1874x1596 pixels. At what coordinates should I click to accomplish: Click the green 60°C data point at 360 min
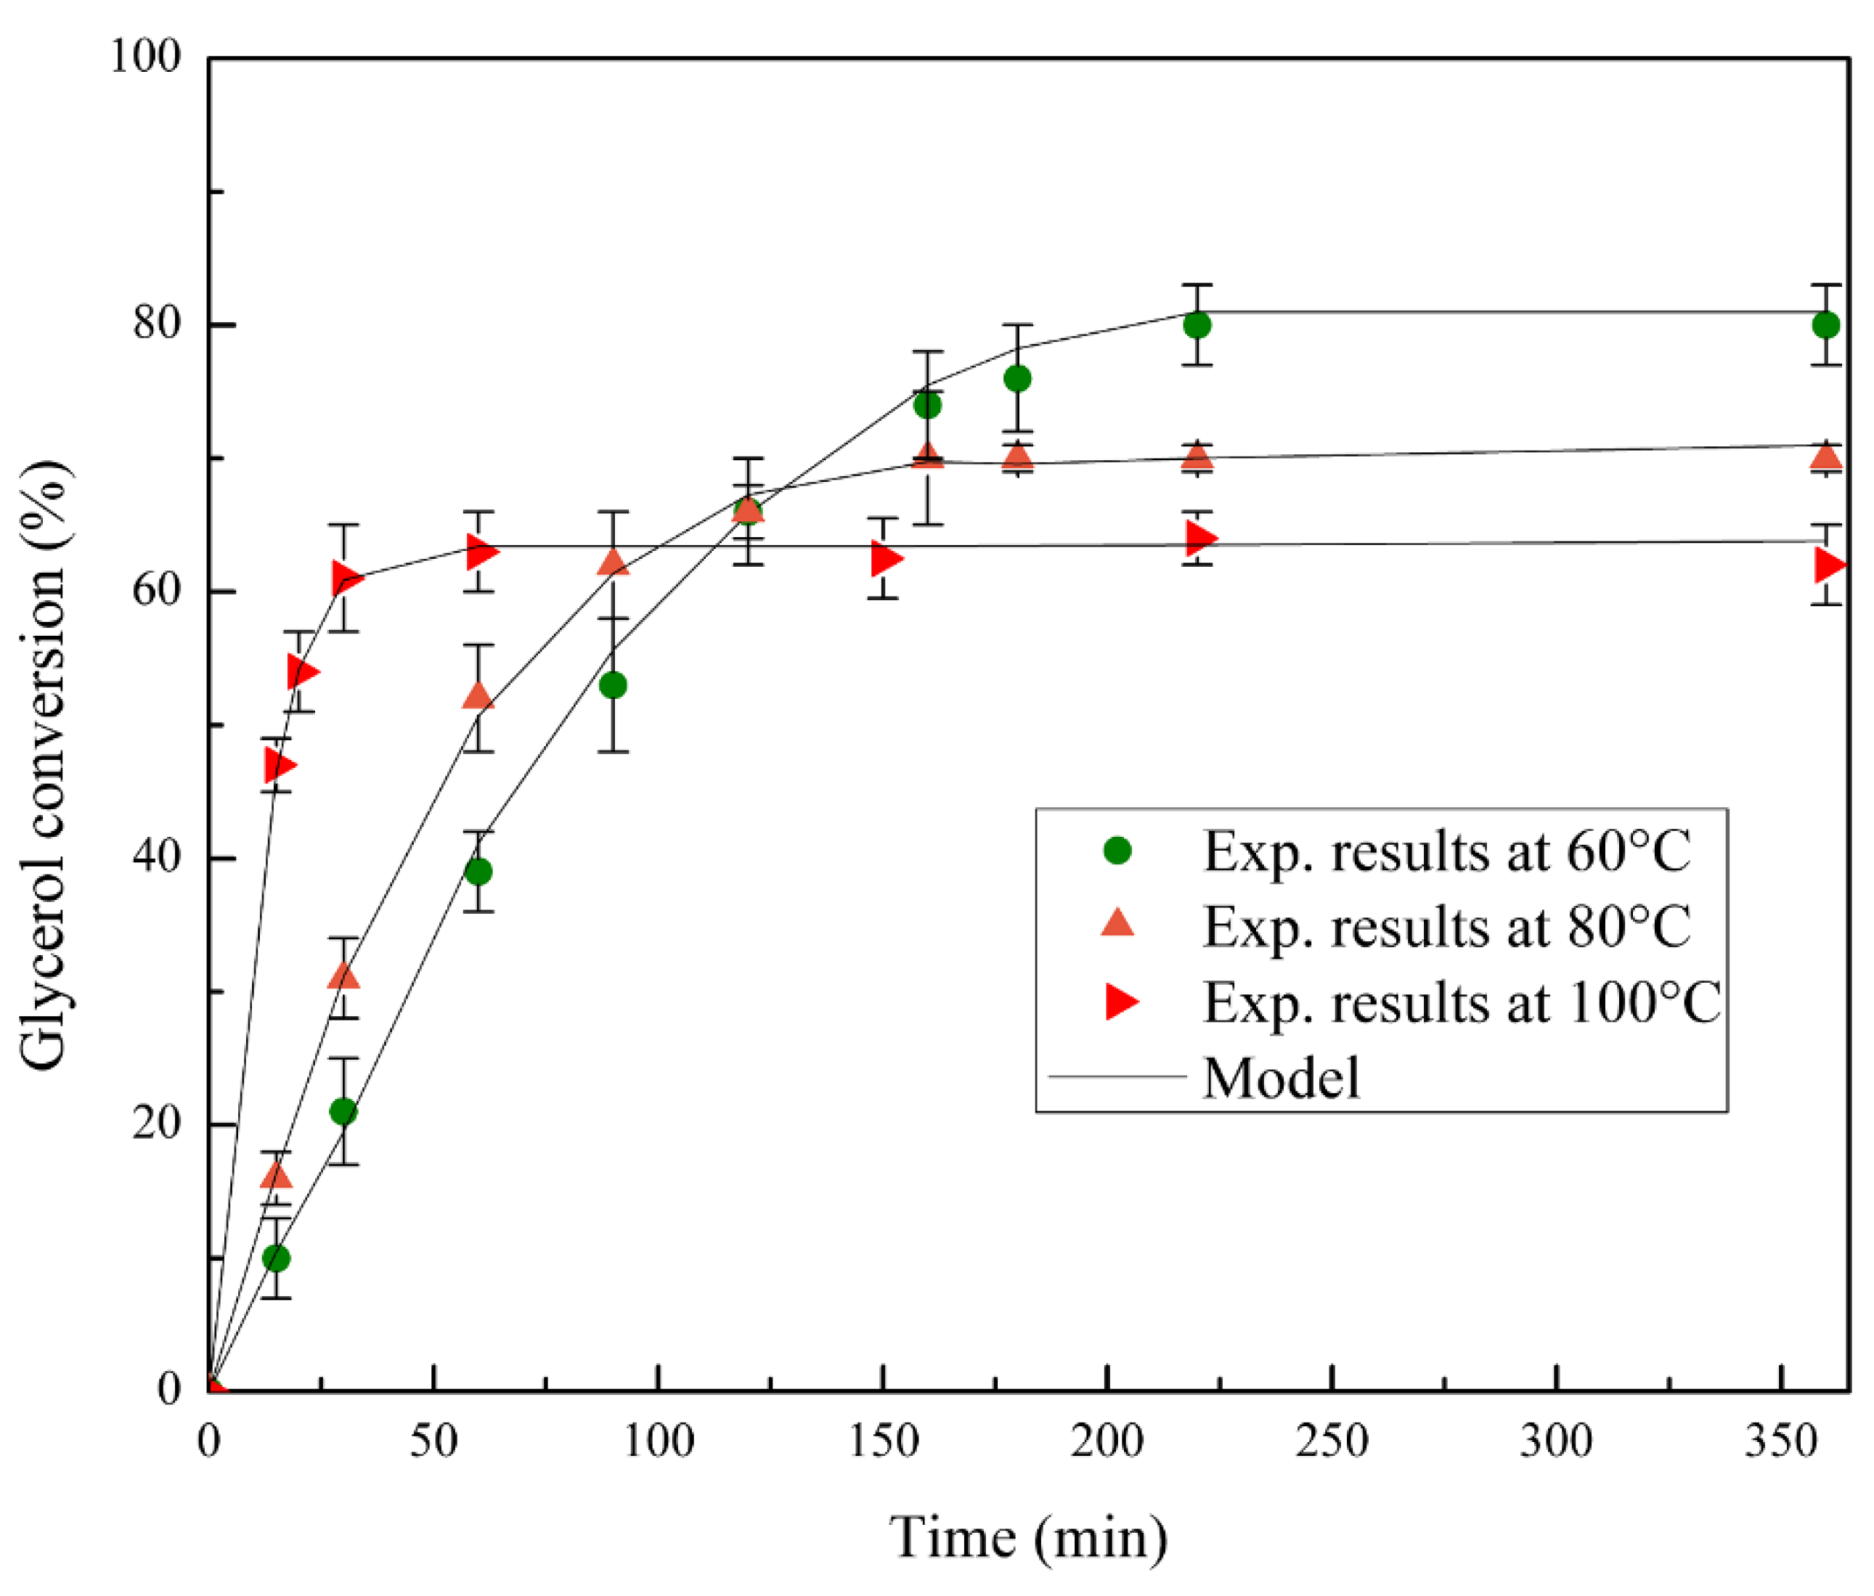pyautogui.click(x=1826, y=324)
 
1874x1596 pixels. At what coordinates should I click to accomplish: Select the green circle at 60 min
pyautogui.click(x=478, y=871)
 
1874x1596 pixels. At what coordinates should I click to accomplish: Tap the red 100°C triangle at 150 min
pyautogui.click(x=884, y=558)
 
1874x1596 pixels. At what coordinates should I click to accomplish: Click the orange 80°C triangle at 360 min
pyautogui.click(x=1826, y=457)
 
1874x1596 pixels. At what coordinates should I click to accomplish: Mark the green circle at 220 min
pyautogui.click(x=1197, y=324)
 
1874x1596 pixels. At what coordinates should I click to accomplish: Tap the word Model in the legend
pyautogui.click(x=1281, y=1077)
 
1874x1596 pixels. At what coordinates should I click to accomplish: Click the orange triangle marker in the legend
pyautogui.click(x=1118, y=923)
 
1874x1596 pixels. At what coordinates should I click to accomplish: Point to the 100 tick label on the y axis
pyautogui.click(x=144, y=56)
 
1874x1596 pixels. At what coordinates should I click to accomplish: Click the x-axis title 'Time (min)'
pyautogui.click(x=1028, y=1536)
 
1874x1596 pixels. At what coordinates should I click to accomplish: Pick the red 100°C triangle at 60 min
pyautogui.click(x=480, y=550)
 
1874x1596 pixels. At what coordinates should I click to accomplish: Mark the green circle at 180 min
pyautogui.click(x=1017, y=378)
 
